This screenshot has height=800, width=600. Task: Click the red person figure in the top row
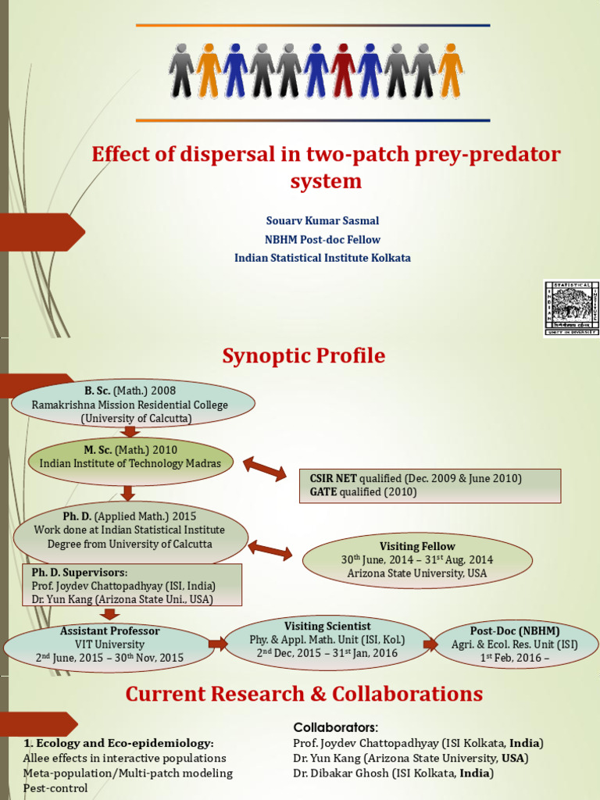(342, 70)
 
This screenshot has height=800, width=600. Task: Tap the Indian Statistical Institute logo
(571, 309)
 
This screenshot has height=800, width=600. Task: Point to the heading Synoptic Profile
(304, 356)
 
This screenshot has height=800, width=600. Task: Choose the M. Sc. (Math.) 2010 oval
(130, 456)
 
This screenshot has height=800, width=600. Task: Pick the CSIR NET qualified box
(430, 485)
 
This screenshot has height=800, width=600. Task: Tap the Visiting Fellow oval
(417, 559)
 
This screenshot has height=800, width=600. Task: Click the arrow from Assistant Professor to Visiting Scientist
(217, 643)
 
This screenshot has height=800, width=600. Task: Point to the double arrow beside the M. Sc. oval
(265, 469)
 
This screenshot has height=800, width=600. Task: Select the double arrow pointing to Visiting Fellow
(270, 549)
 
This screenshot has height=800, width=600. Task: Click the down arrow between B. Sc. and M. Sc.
(131, 431)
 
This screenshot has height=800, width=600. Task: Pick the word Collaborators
(335, 727)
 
